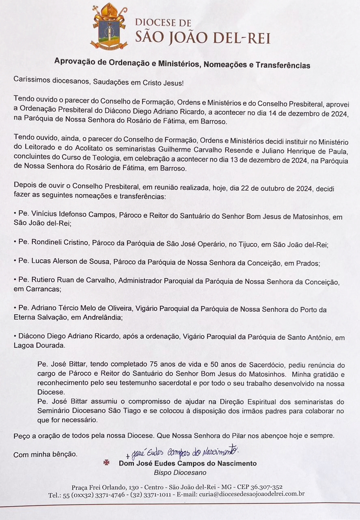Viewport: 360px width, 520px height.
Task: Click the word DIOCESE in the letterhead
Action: click(x=163, y=23)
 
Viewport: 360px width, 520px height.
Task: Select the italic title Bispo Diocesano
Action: click(x=180, y=473)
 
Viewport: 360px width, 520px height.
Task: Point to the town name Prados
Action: click(x=308, y=263)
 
